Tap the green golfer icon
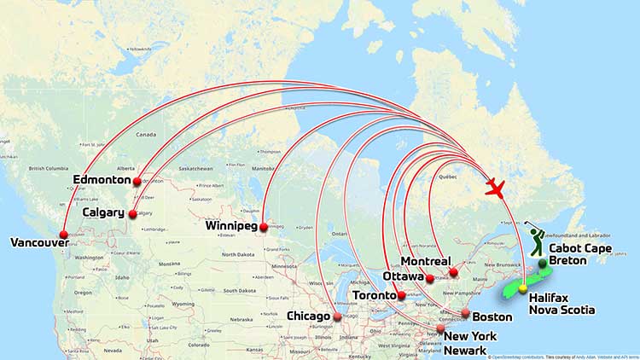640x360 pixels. [x=534, y=240]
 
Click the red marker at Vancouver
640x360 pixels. [x=64, y=235]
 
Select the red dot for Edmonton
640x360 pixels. [x=137, y=182]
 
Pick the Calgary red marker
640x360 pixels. [x=132, y=214]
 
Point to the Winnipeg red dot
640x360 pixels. [x=264, y=227]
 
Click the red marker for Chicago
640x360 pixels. [x=336, y=316]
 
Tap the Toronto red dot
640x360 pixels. [x=402, y=295]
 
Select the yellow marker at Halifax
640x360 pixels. [x=522, y=289]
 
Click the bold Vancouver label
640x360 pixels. [x=39, y=243]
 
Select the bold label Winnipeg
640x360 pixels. [x=231, y=227]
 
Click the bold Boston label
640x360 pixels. [x=492, y=316]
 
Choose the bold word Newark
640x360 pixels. [x=465, y=351]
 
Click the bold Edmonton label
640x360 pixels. [x=102, y=181]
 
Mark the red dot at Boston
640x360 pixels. [x=466, y=313]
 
